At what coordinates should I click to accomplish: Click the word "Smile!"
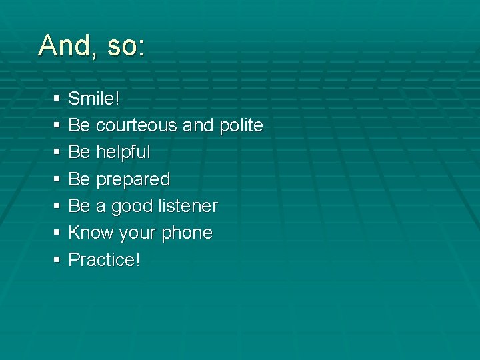coord(94,99)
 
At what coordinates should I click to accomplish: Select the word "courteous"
coord(136,125)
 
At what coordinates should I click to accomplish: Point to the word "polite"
coord(241,125)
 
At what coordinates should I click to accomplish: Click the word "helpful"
coord(123,152)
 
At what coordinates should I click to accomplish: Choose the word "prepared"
coord(133,179)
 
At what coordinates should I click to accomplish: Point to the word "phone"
coord(187,233)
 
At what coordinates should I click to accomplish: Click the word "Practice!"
coord(105,259)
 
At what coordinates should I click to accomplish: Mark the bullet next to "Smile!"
coord(55,99)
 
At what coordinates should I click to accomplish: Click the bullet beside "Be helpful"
coord(55,153)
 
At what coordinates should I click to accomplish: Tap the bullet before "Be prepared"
coord(55,179)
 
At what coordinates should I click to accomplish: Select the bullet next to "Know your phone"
coord(55,233)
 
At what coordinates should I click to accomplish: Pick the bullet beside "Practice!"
coord(55,260)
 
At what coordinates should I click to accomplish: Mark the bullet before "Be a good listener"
coord(55,207)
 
